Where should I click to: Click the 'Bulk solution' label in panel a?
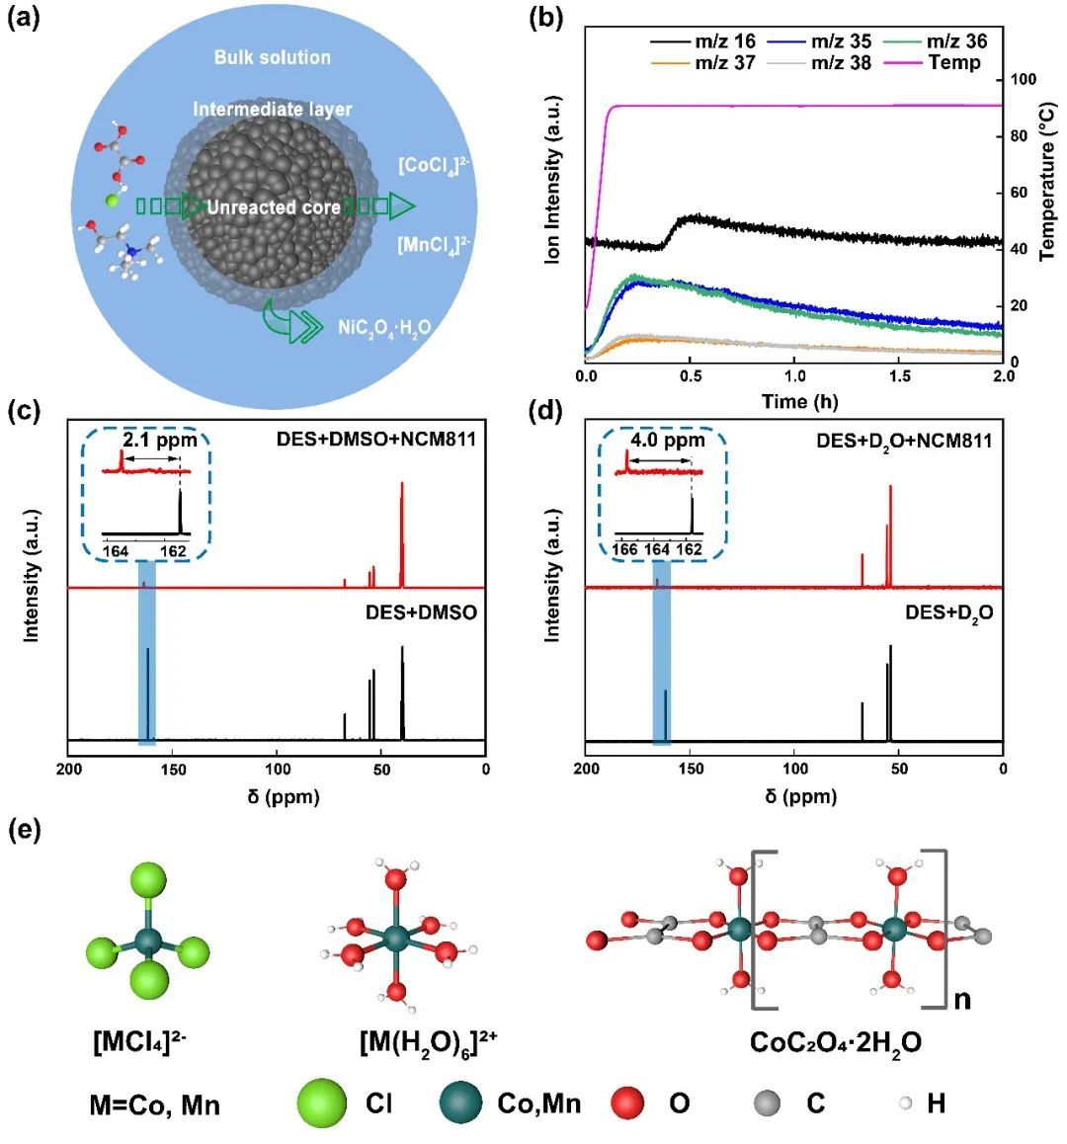coord(273,57)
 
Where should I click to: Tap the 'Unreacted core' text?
coord(274,207)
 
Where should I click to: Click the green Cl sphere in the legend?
coord(322,1102)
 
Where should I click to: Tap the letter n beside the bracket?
coord(961,1000)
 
